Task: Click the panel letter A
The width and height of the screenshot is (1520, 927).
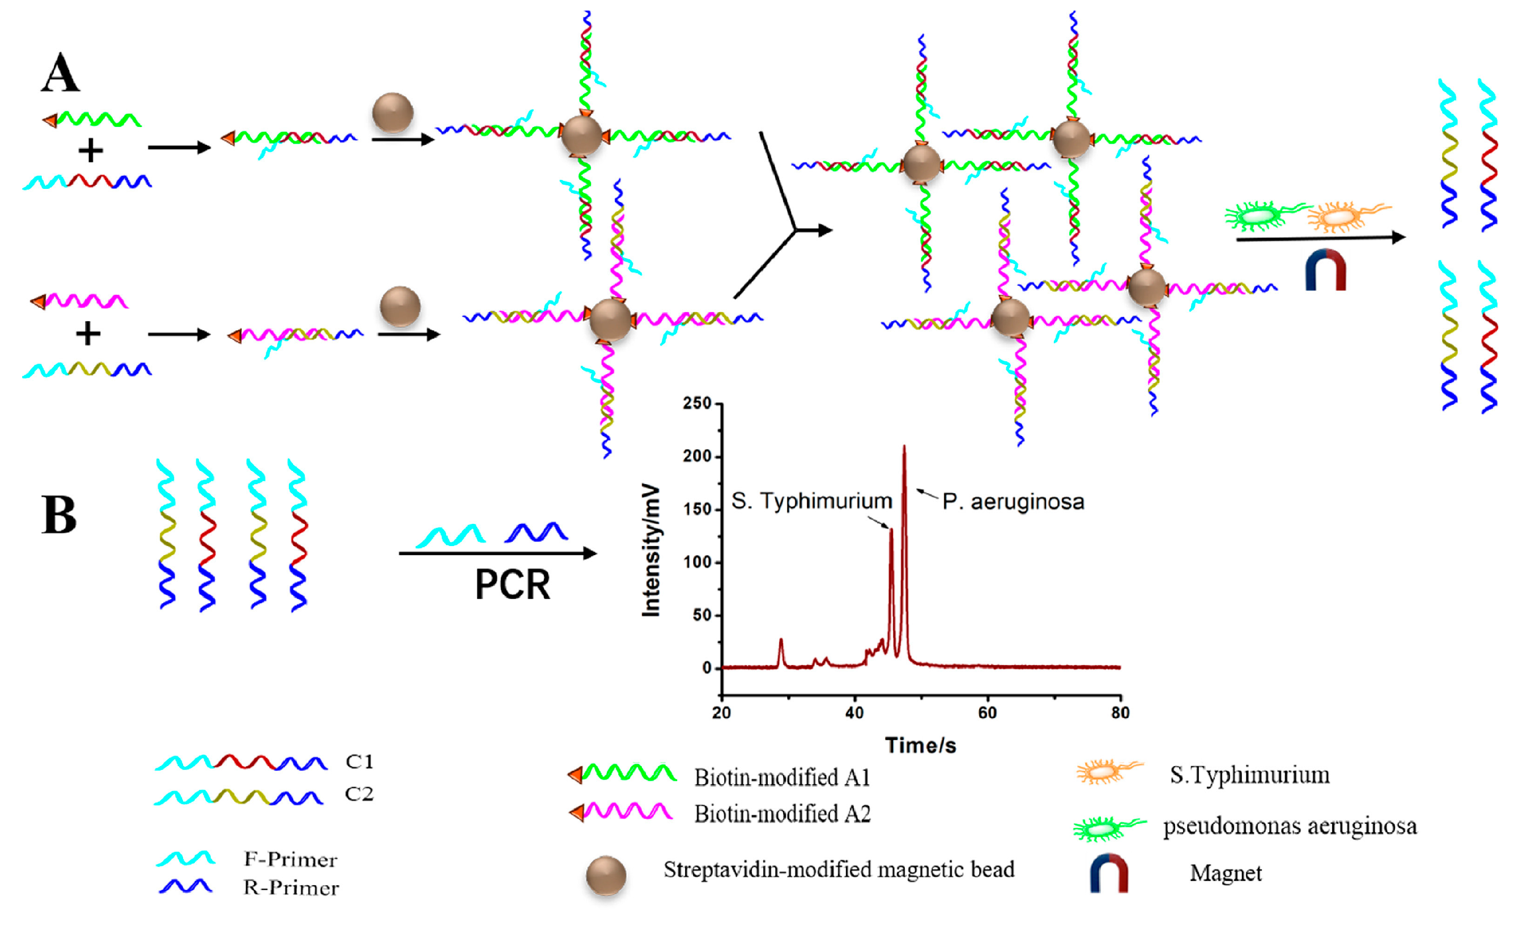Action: click(60, 73)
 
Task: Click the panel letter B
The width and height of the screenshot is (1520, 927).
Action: click(59, 514)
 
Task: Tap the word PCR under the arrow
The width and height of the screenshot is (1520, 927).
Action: click(512, 584)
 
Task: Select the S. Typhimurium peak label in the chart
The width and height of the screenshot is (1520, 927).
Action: click(811, 501)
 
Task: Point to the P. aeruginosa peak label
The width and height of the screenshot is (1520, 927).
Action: click(1013, 502)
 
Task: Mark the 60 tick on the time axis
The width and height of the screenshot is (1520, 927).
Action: click(988, 713)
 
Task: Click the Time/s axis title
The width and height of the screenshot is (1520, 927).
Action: click(921, 746)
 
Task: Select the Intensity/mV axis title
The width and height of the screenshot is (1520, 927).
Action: click(651, 551)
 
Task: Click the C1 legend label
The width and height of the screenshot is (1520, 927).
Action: click(360, 762)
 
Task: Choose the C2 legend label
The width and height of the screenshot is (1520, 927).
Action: click(359, 794)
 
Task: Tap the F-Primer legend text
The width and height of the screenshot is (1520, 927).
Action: click(290, 860)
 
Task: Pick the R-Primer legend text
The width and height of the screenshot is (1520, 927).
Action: click(291, 888)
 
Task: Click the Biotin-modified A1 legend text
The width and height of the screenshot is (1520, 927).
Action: click(782, 778)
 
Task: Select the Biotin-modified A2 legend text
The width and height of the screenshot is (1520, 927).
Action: click(782, 814)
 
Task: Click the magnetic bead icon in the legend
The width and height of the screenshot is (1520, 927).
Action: click(606, 876)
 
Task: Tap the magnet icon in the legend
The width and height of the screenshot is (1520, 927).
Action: click(1109, 874)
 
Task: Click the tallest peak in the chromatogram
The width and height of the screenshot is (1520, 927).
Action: click(904, 448)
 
